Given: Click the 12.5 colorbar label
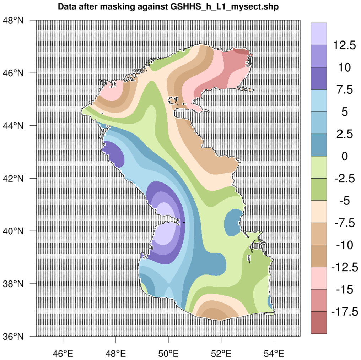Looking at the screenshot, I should [x=344, y=45].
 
